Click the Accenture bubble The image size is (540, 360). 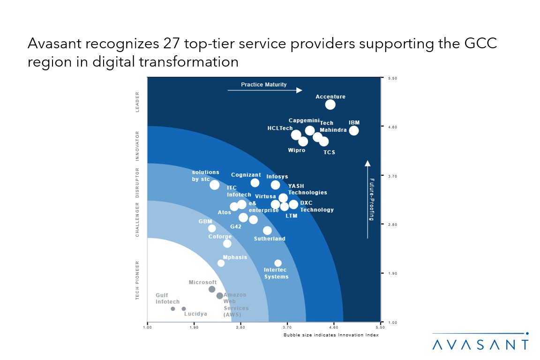(x=330, y=105)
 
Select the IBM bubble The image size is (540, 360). (x=354, y=131)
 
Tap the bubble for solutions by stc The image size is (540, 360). (x=214, y=185)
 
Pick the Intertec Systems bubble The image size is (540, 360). (x=278, y=263)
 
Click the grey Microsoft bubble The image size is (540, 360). (x=212, y=289)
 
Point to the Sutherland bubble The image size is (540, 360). (x=267, y=231)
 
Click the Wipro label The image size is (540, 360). (x=297, y=150)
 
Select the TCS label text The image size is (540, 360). (x=330, y=152)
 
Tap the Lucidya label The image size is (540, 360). (x=195, y=314)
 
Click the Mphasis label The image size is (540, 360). (x=235, y=257)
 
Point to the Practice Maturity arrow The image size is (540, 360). (x=265, y=90)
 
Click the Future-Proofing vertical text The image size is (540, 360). (x=371, y=199)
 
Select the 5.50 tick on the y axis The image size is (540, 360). (x=393, y=78)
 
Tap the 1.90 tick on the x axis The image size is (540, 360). (x=194, y=328)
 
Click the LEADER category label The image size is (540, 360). (x=137, y=102)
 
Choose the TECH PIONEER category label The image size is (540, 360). (x=137, y=280)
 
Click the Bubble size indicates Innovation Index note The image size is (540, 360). (x=330, y=335)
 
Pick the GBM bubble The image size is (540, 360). (x=212, y=229)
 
